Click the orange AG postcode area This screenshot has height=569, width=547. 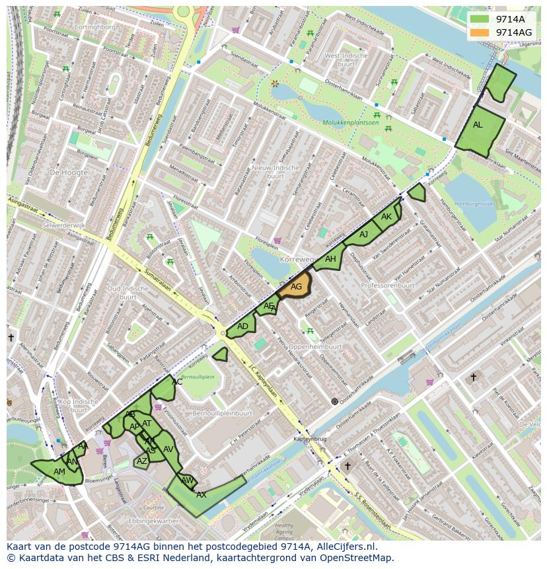(297, 286)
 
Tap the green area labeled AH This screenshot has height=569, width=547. (330, 260)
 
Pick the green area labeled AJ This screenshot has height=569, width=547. (363, 235)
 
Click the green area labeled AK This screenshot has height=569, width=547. (386, 217)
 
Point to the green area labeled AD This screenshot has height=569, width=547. (242, 326)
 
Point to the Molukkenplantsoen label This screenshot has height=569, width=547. (351, 123)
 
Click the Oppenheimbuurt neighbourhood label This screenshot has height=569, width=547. (315, 346)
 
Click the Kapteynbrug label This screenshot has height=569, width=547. (310, 439)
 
